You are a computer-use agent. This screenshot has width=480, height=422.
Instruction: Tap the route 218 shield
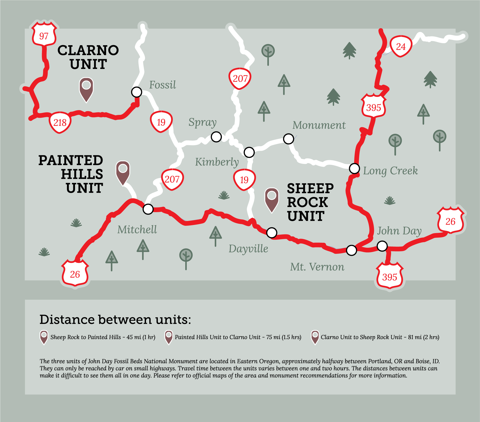tap(60, 122)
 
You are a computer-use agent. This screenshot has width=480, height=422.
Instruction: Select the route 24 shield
tap(401, 46)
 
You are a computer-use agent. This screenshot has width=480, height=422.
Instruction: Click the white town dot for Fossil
tap(137, 92)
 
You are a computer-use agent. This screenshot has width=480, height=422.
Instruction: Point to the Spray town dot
tap(216, 137)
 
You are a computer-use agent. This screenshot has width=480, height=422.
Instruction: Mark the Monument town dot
tap(289, 139)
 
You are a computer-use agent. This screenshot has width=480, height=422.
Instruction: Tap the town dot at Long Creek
tap(354, 168)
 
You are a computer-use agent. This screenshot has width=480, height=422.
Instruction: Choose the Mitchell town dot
tap(148, 209)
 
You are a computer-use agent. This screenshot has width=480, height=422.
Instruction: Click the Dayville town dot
tap(272, 233)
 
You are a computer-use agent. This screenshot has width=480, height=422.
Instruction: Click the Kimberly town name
tap(217, 162)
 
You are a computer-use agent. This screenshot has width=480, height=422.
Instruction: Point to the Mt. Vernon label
tap(317, 267)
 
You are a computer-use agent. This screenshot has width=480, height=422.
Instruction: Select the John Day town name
tap(399, 231)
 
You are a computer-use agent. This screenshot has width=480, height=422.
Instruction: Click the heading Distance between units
tap(115, 319)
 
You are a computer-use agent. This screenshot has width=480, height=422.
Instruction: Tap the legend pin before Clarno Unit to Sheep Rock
tap(315, 337)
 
